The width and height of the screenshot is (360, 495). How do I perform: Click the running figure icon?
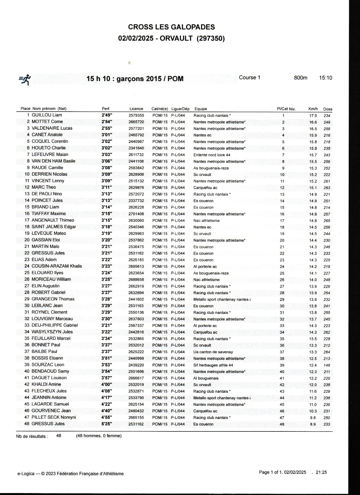25,79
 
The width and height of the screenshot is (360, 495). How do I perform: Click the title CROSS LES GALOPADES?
171,27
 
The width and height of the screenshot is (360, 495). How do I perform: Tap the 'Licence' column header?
136,109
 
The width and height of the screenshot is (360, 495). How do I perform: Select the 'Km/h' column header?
313,109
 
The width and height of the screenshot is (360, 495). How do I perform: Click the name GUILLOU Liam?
47,115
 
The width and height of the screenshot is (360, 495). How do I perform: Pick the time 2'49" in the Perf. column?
107,115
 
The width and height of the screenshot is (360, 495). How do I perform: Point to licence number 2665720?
136,122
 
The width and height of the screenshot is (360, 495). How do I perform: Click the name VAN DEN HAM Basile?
53,161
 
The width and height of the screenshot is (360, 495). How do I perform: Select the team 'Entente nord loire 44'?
212,155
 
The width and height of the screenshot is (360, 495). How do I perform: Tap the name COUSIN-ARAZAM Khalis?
56,266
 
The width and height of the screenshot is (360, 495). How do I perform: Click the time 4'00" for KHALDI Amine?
107,385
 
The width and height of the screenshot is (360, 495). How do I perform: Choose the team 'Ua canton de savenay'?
213,352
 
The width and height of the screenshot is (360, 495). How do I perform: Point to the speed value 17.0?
313,116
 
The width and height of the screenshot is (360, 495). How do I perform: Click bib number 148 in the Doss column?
327,365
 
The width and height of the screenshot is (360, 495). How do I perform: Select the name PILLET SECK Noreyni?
54,417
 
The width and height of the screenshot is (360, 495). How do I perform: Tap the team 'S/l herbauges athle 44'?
213,365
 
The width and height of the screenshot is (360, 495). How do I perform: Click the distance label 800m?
300,78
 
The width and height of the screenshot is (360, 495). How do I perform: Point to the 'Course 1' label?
250,78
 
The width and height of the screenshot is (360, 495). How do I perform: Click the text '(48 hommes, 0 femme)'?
99,436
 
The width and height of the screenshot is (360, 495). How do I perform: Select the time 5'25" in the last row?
107,424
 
